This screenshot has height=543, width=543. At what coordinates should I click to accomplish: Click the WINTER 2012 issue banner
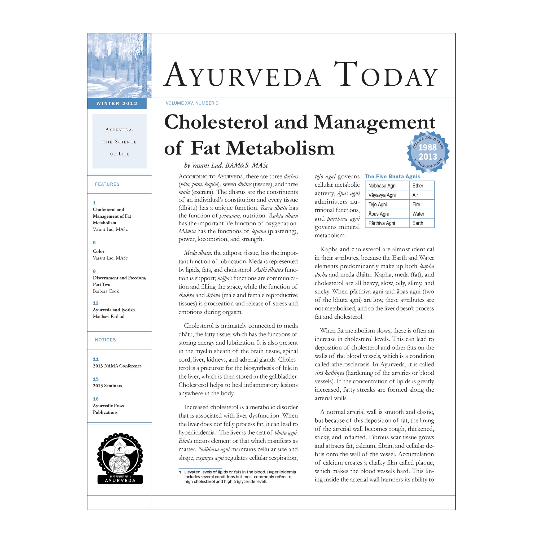(117, 103)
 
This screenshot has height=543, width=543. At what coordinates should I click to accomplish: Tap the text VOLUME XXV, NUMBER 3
(192, 103)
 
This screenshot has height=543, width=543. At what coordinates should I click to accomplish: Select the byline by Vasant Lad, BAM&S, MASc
(226, 165)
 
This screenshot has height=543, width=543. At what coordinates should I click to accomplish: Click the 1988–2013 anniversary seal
(428, 152)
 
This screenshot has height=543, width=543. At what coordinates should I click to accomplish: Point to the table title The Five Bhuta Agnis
(392, 177)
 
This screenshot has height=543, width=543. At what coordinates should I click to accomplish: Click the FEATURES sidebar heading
(107, 184)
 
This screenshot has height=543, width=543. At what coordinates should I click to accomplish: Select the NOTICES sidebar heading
(106, 340)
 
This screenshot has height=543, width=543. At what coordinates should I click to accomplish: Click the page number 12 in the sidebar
(95, 303)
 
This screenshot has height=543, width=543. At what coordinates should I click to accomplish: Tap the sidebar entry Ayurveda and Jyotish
(114, 310)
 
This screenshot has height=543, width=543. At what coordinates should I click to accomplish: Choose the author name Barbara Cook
(106, 291)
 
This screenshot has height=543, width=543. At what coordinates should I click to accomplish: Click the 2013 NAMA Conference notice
(117, 366)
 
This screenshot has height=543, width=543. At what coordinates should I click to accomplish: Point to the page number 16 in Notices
(95, 399)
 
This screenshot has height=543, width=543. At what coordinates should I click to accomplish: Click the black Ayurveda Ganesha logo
(120, 458)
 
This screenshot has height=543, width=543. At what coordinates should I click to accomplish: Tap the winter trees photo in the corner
(120, 65)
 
